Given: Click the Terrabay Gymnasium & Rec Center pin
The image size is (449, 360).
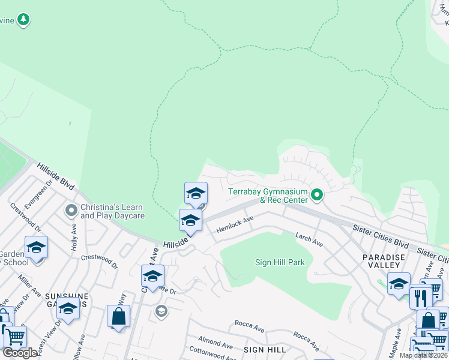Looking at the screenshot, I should [x=318, y=195].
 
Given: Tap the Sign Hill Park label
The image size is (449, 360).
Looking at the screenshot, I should [x=280, y=262].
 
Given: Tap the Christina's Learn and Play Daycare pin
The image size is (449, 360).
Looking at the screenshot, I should [x=71, y=210].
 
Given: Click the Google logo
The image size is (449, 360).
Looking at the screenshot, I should [x=20, y=353].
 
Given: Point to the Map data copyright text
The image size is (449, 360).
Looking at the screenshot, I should [x=424, y=355].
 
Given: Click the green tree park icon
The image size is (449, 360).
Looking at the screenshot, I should [x=23, y=20].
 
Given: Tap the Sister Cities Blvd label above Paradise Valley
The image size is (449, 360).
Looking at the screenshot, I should [x=381, y=236].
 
